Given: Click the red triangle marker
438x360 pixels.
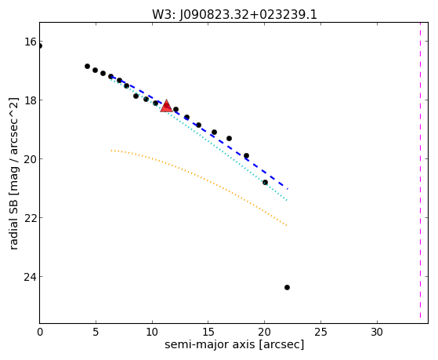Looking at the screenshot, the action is click(166, 106).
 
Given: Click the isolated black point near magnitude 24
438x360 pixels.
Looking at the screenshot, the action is click(287, 287).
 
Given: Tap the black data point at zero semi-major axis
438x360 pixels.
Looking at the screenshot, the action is click(40, 45).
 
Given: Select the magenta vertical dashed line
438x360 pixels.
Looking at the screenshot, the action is click(420, 170).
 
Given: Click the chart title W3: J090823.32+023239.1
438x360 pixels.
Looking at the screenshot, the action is click(234, 15).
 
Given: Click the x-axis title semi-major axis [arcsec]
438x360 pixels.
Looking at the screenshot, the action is click(234, 344).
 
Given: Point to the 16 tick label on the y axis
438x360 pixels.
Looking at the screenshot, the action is click(31, 42).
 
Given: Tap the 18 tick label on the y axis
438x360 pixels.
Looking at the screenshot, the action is click(31, 100).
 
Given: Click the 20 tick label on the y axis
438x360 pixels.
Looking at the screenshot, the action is click(31, 159).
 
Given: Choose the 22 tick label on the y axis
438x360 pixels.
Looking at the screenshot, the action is click(31, 217).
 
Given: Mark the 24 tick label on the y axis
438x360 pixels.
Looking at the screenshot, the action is click(31, 277).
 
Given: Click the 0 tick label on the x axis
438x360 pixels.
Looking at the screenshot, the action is click(40, 332).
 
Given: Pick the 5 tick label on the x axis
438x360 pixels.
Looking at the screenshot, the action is click(96, 332).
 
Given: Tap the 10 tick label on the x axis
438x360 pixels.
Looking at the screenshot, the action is click(152, 332).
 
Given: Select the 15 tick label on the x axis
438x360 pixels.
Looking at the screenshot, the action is click(208, 332).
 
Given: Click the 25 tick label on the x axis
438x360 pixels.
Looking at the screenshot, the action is click(320, 332).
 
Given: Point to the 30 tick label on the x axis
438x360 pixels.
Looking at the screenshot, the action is click(377, 332).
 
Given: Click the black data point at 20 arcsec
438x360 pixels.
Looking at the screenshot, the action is click(265, 183).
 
